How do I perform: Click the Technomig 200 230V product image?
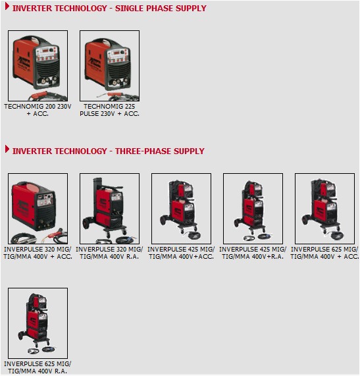tap(38, 66)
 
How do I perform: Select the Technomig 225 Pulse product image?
tap(109, 66)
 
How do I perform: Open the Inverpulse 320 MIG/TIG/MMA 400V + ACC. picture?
tap(38, 209)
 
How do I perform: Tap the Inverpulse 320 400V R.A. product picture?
tap(109, 209)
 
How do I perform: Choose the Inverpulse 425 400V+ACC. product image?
tap(181, 209)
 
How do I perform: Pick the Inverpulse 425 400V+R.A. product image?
tap(253, 209)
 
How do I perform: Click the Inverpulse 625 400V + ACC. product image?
tap(324, 209)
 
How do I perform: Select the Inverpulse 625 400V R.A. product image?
tap(38, 323)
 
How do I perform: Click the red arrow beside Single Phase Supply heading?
tap(7, 6)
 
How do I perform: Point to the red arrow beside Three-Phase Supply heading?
tap(7, 149)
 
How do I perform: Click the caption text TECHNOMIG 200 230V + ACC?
tap(38, 110)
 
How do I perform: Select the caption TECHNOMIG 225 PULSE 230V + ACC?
tap(109, 110)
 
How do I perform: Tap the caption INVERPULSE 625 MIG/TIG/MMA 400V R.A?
tap(38, 367)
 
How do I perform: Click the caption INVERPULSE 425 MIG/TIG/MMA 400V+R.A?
tap(253, 253)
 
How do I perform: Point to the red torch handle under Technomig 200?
tap(40, 94)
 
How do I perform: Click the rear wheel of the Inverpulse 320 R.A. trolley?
tap(86, 223)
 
